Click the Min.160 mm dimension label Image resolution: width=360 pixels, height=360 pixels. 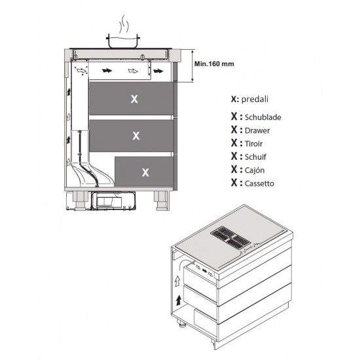tap(214, 64)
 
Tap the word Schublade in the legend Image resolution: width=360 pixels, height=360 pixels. tap(263, 117)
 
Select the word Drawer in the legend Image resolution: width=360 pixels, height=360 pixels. tap(257, 131)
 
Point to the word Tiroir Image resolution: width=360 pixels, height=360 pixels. tap(253, 144)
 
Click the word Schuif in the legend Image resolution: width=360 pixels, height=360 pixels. tap(255, 157)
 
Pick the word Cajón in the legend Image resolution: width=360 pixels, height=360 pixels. tap(255, 170)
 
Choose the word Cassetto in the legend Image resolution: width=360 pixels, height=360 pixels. tap(259, 184)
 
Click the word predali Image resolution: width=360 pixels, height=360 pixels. tap(255, 99)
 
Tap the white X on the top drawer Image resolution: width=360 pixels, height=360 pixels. tap(134, 99)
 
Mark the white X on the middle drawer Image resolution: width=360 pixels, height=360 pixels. tap(136, 135)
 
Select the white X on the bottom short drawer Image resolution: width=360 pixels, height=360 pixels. tap(145, 172)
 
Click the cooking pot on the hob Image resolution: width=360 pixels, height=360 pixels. tap(123, 41)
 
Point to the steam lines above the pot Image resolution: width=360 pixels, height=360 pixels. tap(123, 24)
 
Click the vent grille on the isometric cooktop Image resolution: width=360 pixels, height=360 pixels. tap(230, 238)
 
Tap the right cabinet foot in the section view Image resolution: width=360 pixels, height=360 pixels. tap(162, 200)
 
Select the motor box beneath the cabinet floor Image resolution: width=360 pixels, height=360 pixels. tap(113, 201)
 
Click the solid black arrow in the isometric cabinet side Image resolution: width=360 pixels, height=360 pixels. tap(179, 300)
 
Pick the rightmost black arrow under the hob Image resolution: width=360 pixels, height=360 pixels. tap(158, 71)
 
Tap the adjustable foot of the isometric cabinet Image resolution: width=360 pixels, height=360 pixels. tap(181, 323)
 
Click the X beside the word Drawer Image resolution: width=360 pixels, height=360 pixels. tap(234, 130)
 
